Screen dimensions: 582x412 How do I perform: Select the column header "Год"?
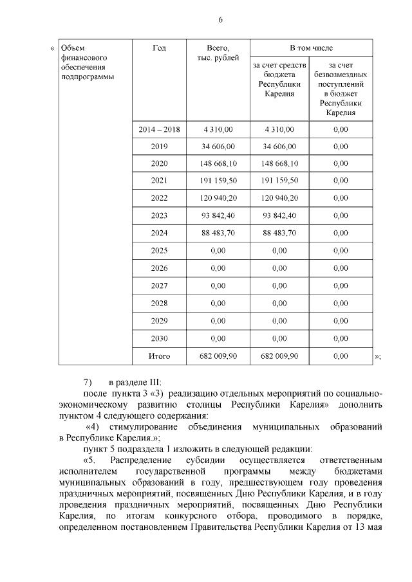coord(159,48)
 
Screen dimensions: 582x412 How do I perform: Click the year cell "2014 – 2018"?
coord(159,129)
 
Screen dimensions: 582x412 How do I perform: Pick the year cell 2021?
coord(159,181)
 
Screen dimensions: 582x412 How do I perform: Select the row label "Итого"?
coord(159,355)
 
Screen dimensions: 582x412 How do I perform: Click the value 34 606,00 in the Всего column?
coord(218,147)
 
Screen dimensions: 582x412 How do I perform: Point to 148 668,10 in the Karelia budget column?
coord(279,164)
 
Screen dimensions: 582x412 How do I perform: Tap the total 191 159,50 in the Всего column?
coord(218,181)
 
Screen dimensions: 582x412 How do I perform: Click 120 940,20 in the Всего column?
coord(218,199)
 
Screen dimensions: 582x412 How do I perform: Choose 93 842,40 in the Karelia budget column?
coord(279,216)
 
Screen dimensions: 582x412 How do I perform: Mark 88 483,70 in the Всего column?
coord(218,233)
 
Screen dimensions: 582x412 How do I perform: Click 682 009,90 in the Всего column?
coord(218,355)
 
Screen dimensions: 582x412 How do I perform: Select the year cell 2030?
coord(159,338)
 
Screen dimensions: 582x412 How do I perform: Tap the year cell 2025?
coord(159,251)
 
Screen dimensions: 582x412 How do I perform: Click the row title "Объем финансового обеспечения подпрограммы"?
coord(83,62)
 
